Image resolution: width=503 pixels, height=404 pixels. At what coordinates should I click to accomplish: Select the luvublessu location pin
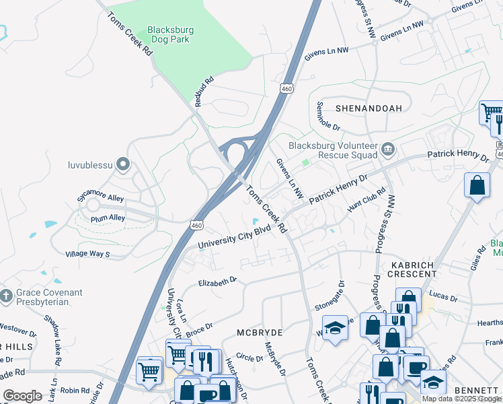tap(122, 164)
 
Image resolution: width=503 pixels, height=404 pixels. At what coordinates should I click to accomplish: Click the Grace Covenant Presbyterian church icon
tap(7, 296)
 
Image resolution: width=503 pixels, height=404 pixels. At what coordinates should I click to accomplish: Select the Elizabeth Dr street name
tap(217, 281)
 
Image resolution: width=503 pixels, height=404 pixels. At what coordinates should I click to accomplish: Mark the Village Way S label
tap(87, 254)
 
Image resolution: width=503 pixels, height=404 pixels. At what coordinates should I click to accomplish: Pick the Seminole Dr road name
tap(327, 116)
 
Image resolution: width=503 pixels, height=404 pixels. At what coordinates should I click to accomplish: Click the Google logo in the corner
tap(23, 396)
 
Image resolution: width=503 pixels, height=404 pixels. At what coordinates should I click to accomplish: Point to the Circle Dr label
tap(249, 358)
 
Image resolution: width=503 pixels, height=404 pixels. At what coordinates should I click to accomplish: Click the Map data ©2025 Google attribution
tap(461, 399)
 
